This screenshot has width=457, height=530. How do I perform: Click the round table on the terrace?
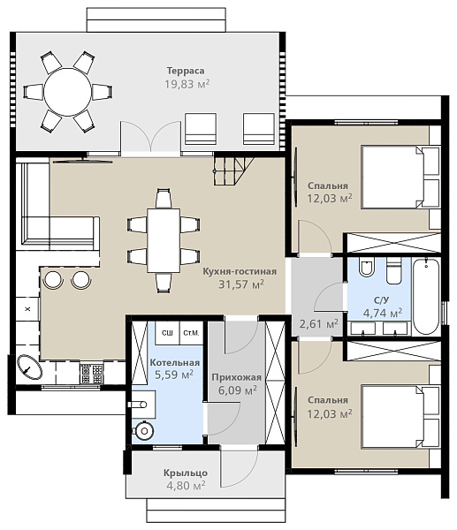(x=68, y=92)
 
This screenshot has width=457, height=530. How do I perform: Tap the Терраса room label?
(x=186, y=71)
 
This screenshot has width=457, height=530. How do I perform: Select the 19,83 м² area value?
(x=187, y=84)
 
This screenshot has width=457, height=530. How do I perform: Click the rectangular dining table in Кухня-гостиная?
(x=164, y=240)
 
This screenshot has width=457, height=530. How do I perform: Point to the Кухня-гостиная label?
(x=240, y=271)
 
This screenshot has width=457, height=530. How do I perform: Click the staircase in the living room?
(x=233, y=170)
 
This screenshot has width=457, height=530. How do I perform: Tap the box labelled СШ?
(x=167, y=333)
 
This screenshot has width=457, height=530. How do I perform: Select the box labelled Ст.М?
(x=191, y=333)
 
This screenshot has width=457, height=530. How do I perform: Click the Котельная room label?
(x=174, y=363)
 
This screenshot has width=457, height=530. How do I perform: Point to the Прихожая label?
(x=236, y=377)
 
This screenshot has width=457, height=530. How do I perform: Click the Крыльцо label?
(x=186, y=473)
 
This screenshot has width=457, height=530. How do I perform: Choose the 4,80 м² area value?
(x=186, y=486)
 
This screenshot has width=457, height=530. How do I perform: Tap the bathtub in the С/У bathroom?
(x=426, y=297)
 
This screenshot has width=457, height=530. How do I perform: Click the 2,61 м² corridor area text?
(x=318, y=324)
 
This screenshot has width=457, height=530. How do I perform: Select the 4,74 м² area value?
(x=383, y=313)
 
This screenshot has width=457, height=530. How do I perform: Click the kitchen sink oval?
(x=30, y=367)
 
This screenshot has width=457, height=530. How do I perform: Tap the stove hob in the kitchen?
(x=91, y=373)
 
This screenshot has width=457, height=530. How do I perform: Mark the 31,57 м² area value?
(x=240, y=284)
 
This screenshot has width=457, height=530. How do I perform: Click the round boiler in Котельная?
(x=144, y=431)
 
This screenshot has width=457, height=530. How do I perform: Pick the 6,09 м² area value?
(x=238, y=390)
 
